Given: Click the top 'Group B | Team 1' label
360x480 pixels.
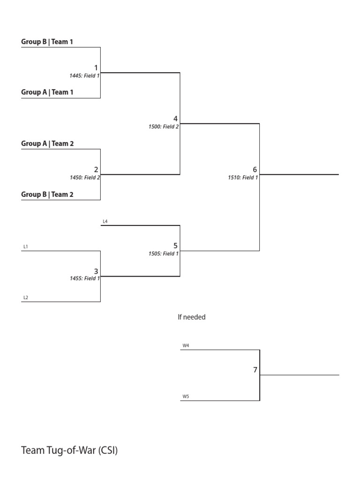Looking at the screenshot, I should (47, 42).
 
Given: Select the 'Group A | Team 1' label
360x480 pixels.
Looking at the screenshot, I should (47, 92).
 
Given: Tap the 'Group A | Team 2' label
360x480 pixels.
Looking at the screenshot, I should (47, 144).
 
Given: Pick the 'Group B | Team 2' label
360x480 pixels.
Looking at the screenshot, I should (47, 195).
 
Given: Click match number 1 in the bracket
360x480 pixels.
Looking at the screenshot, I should (96, 68).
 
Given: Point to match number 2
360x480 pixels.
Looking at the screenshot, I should (96, 170).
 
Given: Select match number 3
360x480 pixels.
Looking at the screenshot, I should (96, 271).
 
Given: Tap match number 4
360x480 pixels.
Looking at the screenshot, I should (175, 119).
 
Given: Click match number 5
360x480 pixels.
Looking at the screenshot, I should (175, 246).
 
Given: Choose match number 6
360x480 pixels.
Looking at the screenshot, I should (255, 170).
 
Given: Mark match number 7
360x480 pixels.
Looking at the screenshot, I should (255, 370).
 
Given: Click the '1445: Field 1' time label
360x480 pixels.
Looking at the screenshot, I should (85, 75).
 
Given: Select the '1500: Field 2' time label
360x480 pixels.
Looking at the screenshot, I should (164, 127).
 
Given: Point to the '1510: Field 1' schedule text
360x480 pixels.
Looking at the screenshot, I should (243, 178).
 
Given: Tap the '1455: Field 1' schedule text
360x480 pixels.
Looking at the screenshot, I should (85, 278).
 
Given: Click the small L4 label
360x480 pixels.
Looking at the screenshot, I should (105, 221).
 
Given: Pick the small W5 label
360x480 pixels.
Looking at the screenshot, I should (186, 397).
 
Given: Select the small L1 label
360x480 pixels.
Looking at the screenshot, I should (26, 247).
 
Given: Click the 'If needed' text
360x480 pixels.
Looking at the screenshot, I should (191, 317).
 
